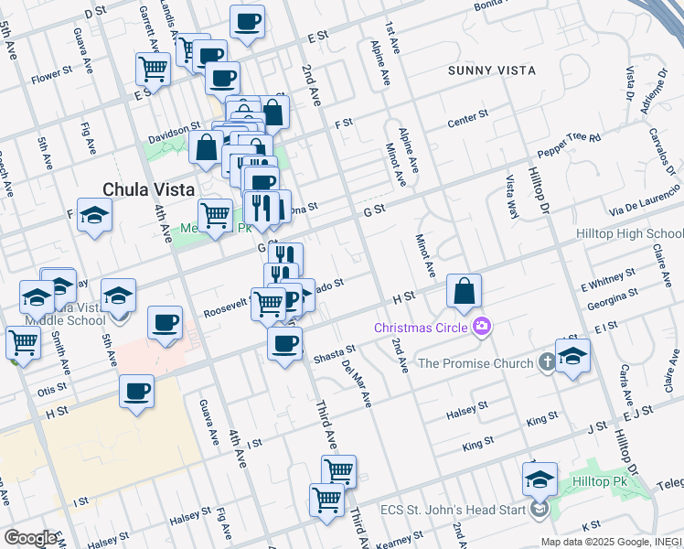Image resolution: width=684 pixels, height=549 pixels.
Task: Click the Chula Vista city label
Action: [148, 189]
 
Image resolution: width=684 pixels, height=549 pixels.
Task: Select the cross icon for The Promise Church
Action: [545, 363]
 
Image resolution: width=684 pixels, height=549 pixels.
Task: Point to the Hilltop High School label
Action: [630, 234]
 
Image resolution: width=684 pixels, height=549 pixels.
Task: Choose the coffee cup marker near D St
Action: [246, 22]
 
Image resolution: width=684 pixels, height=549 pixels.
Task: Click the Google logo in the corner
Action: [29, 538]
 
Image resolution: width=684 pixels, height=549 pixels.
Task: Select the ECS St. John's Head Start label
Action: [460, 509]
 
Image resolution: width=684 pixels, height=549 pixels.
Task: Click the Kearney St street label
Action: [401, 539]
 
